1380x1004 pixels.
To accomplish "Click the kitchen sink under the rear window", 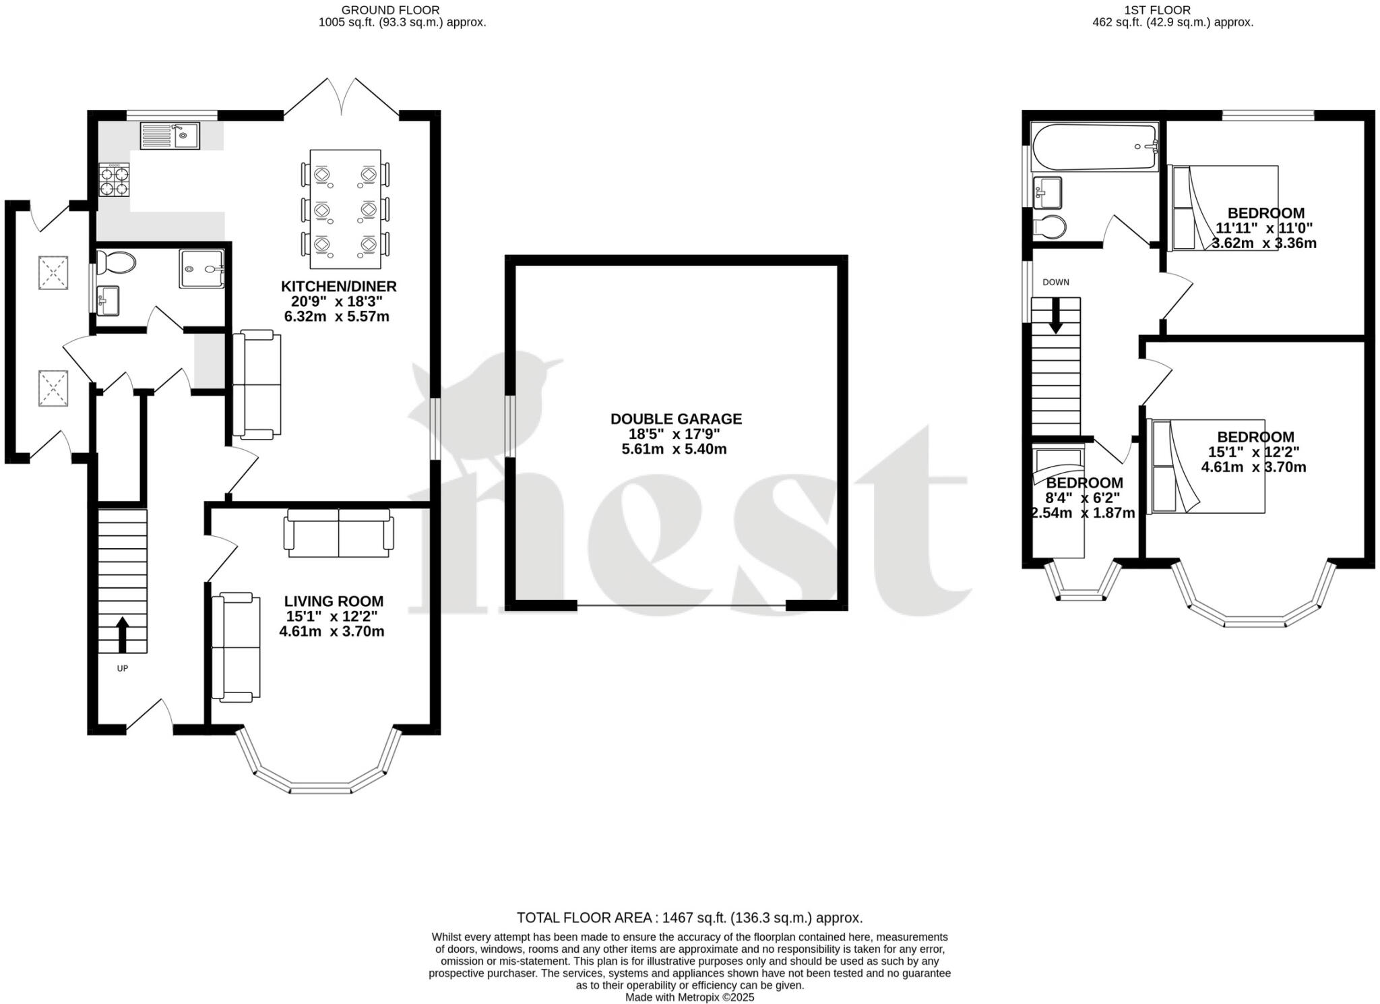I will (x=170, y=136).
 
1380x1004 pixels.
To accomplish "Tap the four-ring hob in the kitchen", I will (x=115, y=180).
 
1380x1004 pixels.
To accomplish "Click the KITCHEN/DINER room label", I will (x=339, y=286).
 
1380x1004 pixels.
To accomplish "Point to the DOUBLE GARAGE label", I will (x=676, y=419).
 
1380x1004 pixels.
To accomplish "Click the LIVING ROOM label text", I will (x=334, y=601).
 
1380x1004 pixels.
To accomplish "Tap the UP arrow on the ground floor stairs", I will (x=122, y=634).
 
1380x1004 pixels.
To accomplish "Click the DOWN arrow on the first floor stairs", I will (x=1055, y=316).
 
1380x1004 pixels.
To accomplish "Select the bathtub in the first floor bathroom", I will (x=1094, y=147).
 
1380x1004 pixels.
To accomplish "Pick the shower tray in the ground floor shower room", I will (x=201, y=269).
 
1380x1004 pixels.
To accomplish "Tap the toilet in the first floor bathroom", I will (x=1050, y=227).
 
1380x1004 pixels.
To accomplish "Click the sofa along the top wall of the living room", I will (x=339, y=533).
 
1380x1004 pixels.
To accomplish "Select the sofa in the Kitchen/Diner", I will (x=256, y=385).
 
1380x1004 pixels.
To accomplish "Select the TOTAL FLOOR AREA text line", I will (x=689, y=918).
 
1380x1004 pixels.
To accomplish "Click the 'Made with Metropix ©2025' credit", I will (x=689, y=997).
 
